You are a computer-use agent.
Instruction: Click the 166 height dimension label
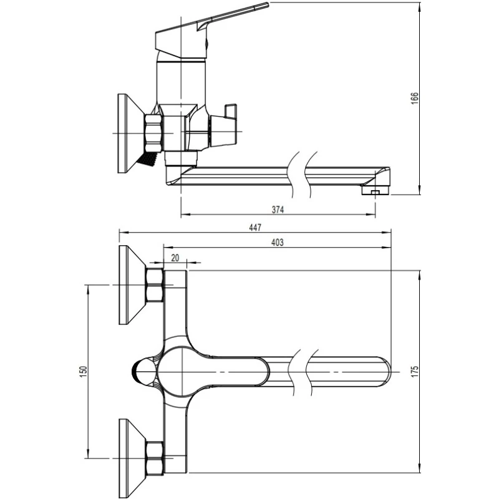(x=414, y=99)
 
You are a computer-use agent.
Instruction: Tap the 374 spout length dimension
(x=278, y=210)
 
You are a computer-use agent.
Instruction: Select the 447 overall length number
(x=255, y=227)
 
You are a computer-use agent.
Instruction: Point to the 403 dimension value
(x=277, y=242)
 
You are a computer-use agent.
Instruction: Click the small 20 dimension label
(x=175, y=258)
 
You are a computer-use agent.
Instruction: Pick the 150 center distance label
(x=83, y=372)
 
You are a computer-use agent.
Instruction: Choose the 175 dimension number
(x=414, y=372)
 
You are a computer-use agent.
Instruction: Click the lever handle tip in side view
(x=267, y=4)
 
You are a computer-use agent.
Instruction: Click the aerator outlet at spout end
(x=375, y=191)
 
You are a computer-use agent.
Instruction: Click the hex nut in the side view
(x=153, y=133)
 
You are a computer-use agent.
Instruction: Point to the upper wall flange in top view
(x=132, y=285)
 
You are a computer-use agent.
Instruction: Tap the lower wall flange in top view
(x=132, y=458)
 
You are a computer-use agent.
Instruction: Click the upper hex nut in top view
(x=154, y=285)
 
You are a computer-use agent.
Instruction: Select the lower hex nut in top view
(x=154, y=458)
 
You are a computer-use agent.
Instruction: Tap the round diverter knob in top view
(x=144, y=372)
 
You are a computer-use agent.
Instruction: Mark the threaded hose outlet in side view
(x=147, y=158)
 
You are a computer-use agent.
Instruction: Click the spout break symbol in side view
(x=302, y=175)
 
